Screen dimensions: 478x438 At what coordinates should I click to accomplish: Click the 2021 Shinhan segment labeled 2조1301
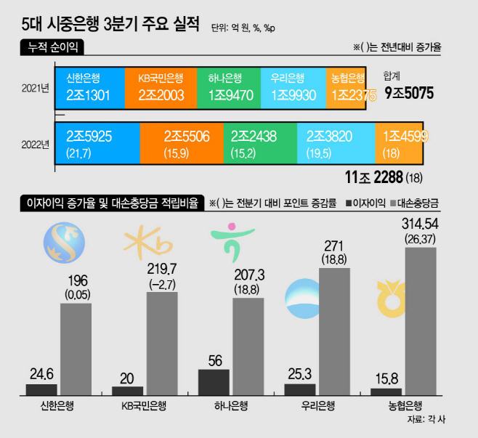click(x=90, y=88)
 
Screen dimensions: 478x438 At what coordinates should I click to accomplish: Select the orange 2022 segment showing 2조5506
click(x=182, y=143)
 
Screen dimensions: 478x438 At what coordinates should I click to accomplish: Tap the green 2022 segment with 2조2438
click(x=260, y=143)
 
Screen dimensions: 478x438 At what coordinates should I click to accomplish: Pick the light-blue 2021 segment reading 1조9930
click(x=293, y=88)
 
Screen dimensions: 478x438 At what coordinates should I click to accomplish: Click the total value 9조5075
click(x=409, y=93)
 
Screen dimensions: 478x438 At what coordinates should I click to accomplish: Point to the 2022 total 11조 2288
click(x=373, y=177)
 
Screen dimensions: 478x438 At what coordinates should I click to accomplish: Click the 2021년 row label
click(x=36, y=89)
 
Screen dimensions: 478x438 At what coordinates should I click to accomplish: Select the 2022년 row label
click(x=36, y=145)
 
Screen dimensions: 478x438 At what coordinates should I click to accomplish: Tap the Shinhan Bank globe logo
click(x=64, y=243)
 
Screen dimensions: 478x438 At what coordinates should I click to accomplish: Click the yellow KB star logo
click(x=147, y=243)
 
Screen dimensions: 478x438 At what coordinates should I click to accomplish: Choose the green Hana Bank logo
click(x=232, y=243)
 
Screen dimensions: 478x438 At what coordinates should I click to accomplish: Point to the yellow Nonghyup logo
click(x=391, y=299)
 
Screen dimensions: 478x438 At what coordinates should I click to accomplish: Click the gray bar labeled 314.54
click(x=421, y=322)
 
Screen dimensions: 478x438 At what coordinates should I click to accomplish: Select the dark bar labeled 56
click(x=214, y=383)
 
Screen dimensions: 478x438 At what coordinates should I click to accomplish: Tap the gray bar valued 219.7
click(x=162, y=344)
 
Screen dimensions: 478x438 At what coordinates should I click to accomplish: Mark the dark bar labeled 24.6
click(x=41, y=390)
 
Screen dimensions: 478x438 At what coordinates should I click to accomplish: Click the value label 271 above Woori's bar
click(x=334, y=246)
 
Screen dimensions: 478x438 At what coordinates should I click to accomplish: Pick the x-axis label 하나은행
click(x=231, y=406)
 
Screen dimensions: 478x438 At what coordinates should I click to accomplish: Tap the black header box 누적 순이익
click(x=52, y=47)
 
